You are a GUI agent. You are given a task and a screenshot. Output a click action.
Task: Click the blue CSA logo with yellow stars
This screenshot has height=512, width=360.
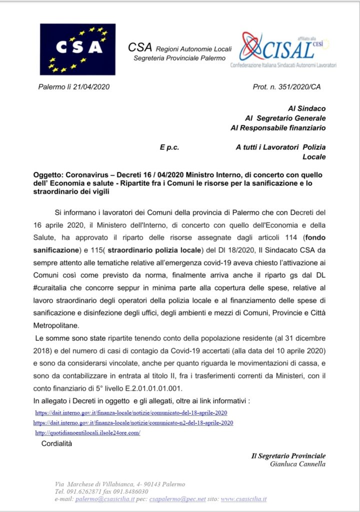(77, 48)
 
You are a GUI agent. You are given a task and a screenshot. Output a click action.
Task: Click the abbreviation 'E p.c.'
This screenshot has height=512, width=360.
(169, 147)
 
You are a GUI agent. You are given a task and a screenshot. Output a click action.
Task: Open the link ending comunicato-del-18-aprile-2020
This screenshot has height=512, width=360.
(131, 412)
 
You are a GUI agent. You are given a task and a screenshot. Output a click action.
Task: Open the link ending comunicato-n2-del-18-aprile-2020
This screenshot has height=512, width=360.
(133, 422)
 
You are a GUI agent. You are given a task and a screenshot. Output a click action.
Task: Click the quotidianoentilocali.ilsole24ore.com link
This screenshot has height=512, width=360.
(87, 432)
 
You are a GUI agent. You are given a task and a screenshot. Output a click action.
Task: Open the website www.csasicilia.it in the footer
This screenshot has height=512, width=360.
(243, 498)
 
